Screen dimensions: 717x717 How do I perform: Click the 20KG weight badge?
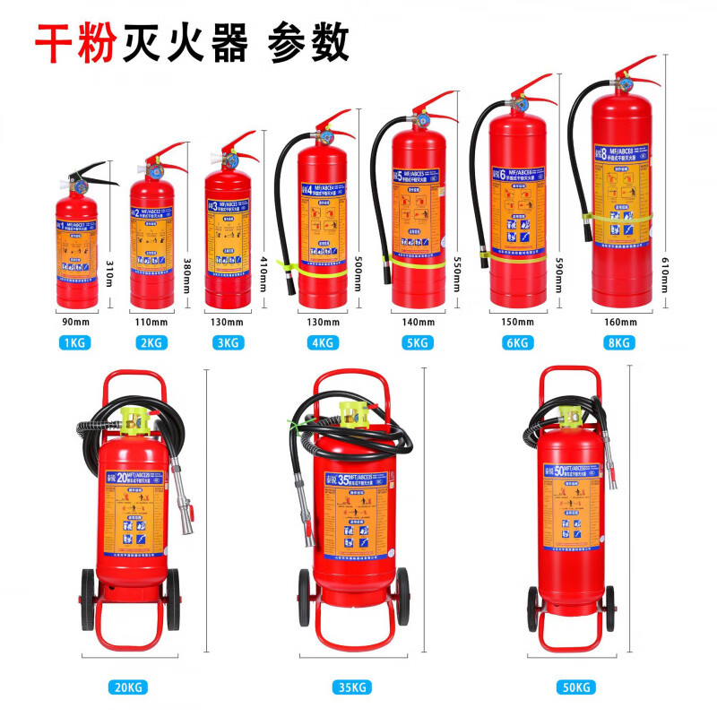click(x=128, y=687)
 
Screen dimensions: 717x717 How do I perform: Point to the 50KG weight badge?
click(x=577, y=687)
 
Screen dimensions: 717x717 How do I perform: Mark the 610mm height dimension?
click(x=664, y=272)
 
